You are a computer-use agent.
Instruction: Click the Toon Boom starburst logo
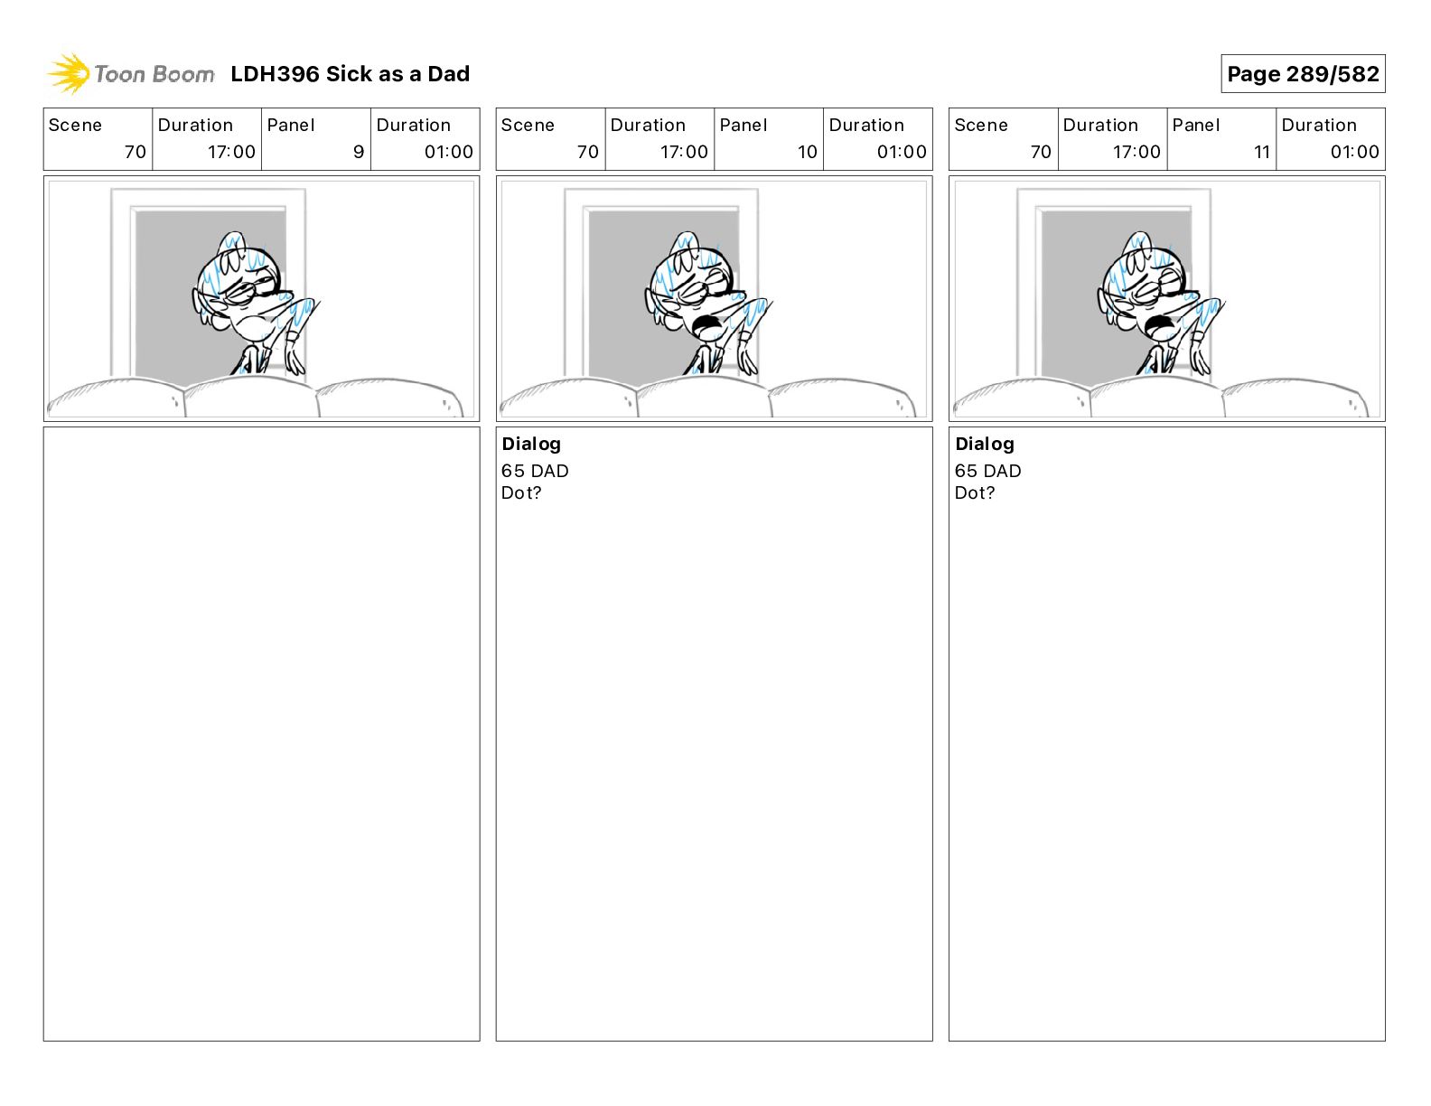(x=69, y=74)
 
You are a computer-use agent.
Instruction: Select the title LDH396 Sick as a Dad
(x=351, y=74)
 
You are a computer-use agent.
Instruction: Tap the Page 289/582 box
(x=1303, y=74)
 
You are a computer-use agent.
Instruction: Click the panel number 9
(x=359, y=152)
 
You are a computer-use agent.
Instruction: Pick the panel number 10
(x=808, y=152)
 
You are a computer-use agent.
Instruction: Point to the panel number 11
(x=1262, y=152)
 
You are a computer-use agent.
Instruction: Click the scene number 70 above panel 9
(x=135, y=152)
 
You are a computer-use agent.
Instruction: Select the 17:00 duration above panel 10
(x=684, y=152)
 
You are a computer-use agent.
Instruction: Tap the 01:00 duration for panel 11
(x=1354, y=152)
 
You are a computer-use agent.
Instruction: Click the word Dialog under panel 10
(x=531, y=445)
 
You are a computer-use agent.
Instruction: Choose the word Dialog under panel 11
(x=985, y=445)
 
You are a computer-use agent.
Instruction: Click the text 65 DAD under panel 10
(x=535, y=471)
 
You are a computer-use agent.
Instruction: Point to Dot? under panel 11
(x=975, y=492)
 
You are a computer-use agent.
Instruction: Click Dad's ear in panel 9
(x=201, y=303)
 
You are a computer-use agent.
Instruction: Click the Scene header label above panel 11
(x=980, y=126)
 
